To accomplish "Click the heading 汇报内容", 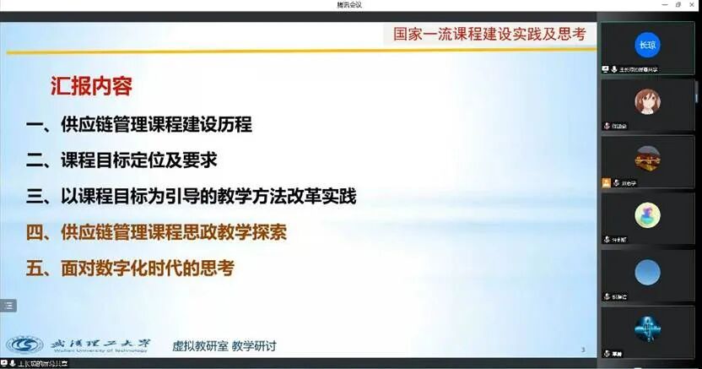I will tap(91, 86).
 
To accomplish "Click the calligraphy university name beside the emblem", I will tap(100, 344).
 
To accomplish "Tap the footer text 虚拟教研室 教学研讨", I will tap(224, 345).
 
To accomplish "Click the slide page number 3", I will tap(583, 350).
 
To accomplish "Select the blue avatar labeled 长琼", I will tap(647, 45).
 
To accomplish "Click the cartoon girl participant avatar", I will tap(647, 101).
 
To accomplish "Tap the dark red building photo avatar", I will tap(647, 159).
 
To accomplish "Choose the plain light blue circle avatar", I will tap(647, 272).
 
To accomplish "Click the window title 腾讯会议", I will tap(351, 5).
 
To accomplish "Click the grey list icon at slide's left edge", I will tap(8, 306).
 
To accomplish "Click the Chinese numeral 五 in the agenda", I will tap(35, 269).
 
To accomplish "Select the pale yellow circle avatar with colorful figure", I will tap(647, 215).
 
